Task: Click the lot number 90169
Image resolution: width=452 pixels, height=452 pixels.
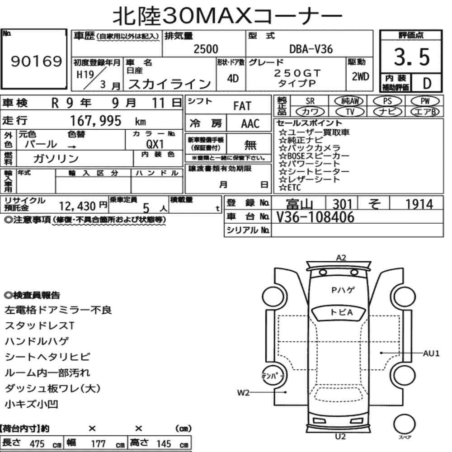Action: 36,61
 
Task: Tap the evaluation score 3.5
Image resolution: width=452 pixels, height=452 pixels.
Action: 412,57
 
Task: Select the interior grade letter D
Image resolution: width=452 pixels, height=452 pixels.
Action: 427,83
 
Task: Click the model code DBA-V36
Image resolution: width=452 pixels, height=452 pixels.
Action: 311,49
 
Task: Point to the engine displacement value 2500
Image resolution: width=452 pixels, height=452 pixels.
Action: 206,49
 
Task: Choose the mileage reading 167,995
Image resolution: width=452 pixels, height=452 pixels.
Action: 96,121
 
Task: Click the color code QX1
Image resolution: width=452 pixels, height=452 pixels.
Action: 155,144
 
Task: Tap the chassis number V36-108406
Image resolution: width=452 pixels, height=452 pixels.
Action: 315,217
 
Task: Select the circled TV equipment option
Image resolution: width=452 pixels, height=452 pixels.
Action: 350,112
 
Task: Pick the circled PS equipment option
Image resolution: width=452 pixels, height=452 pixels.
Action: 387,101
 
